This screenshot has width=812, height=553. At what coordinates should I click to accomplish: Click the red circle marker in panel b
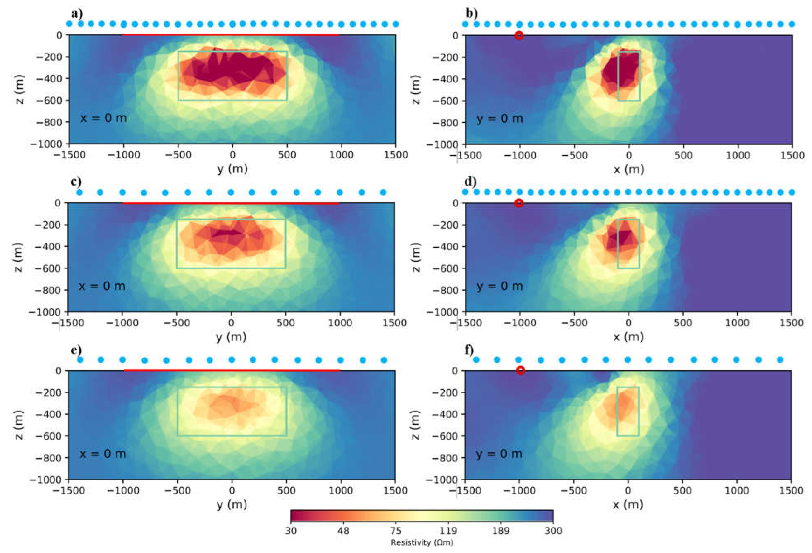pos(519,35)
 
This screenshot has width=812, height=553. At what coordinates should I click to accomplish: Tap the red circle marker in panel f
pos(520,370)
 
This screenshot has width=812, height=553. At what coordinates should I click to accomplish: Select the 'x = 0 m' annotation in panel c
pos(102,286)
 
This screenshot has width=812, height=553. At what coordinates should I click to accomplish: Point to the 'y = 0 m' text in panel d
pos(499,286)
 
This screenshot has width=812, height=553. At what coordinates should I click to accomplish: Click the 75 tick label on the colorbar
pos(396,531)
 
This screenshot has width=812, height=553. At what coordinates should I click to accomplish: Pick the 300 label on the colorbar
pos(553,531)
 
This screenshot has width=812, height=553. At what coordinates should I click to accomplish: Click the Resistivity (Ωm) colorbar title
pos(422,542)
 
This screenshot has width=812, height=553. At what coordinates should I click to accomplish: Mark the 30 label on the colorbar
pos(291,531)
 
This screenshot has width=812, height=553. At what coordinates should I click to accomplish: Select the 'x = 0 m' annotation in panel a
pos(103,118)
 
